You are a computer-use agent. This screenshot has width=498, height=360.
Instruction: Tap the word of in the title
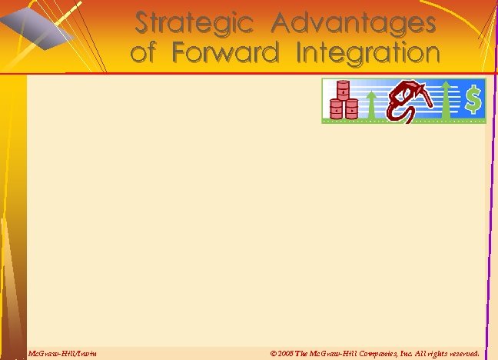pyautogui.click(x=145, y=54)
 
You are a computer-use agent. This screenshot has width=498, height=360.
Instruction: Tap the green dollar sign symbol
pyautogui.click(x=473, y=98)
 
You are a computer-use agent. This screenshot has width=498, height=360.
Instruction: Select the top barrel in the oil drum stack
pyautogui.click(x=340, y=89)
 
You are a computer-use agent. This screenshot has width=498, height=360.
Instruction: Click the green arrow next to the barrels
pyautogui.click(x=371, y=104)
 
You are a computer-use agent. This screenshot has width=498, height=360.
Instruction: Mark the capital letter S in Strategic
pyautogui.click(x=143, y=23)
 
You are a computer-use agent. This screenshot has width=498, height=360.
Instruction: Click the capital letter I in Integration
pyautogui.click(x=300, y=53)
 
